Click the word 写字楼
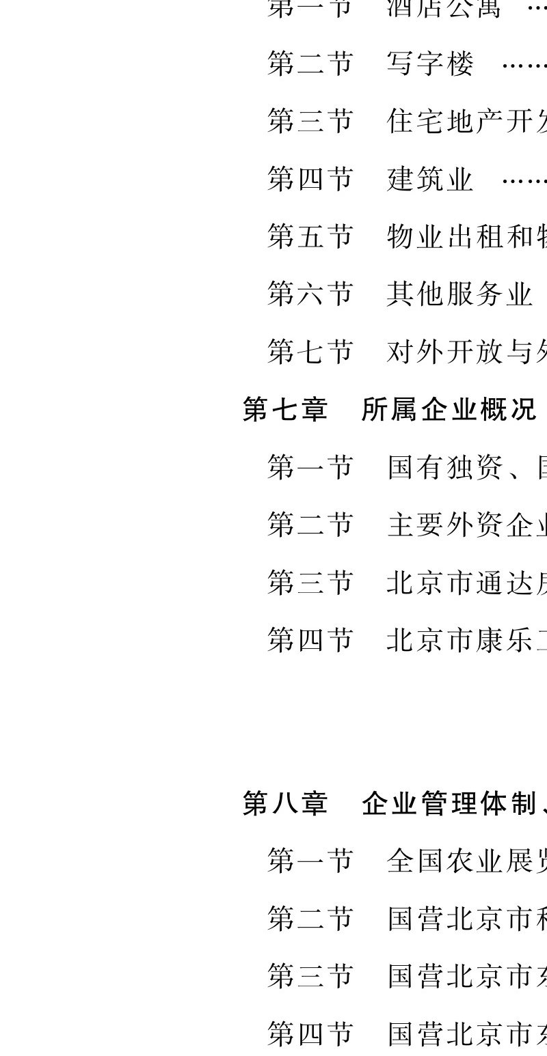coord(430,64)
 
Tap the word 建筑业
coord(430,179)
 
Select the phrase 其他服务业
coord(459,294)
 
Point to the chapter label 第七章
coord(285,409)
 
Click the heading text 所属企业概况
coord(449,409)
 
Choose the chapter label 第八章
coord(285,803)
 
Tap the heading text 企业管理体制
coord(449,803)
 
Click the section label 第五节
coord(310,236)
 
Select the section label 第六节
coord(310,294)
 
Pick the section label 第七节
coord(310,351)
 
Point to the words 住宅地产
coord(445,122)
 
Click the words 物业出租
coord(445,236)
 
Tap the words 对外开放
coord(445,351)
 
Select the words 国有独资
coord(445,467)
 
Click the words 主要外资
coord(445,525)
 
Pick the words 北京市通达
coord(459,582)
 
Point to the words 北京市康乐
coord(459,639)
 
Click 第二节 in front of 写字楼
coord(310,64)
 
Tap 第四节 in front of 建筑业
coord(310,179)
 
